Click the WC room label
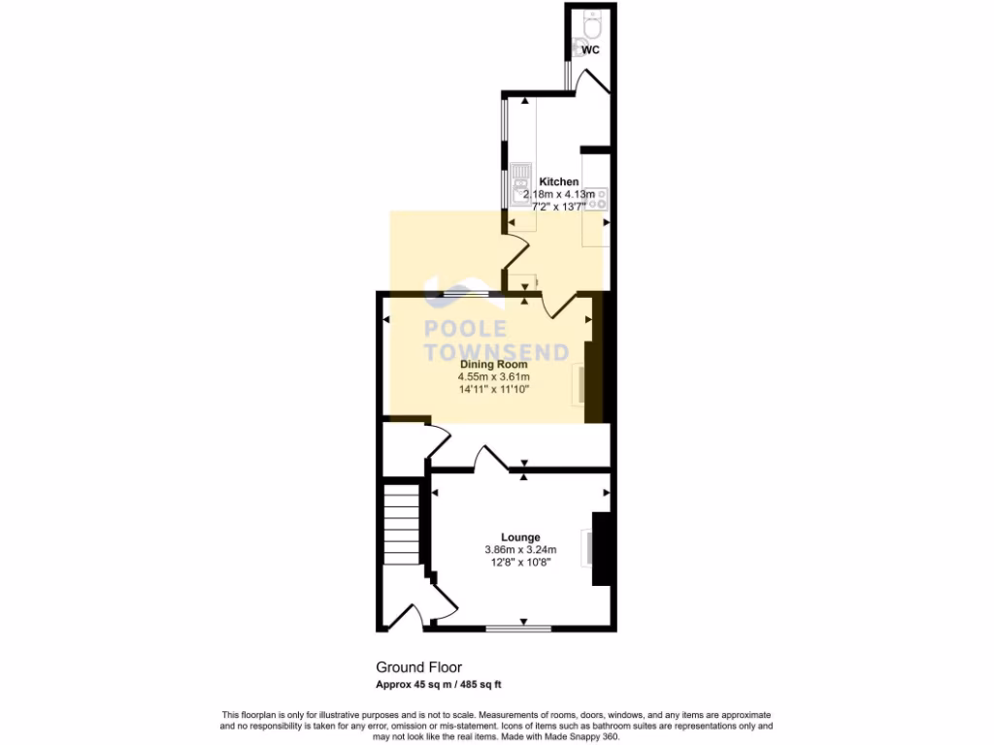[x=589, y=49]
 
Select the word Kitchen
[x=559, y=181]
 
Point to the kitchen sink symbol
[x=521, y=180]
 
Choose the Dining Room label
[x=500, y=364]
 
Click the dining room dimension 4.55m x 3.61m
[x=500, y=376]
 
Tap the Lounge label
[x=520, y=537]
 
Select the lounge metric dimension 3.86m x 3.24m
[x=520, y=550]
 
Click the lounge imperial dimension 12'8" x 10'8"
[x=520, y=563]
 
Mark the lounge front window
[x=518, y=629]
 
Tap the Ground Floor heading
[x=418, y=667]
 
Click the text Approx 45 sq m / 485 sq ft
[x=439, y=684]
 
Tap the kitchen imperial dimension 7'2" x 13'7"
[x=559, y=207]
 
